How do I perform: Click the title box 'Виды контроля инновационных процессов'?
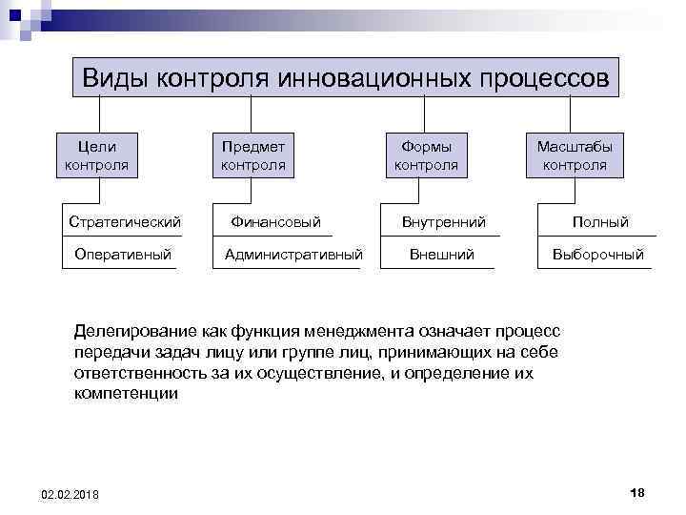click(346, 77)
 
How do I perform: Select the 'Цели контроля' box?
click(96, 155)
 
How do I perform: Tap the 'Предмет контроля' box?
click(252, 155)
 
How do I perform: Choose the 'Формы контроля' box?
click(426, 155)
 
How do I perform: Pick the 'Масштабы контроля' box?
click(575, 155)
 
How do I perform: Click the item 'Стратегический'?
click(125, 222)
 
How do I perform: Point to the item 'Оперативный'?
click(123, 255)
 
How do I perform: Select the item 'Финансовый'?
click(276, 222)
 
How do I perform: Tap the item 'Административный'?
click(293, 255)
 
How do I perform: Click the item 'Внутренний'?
click(443, 222)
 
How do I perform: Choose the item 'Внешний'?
click(441, 255)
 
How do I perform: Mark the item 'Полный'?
click(600, 222)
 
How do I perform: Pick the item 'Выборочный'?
click(599, 255)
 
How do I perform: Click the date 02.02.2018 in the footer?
click(70, 493)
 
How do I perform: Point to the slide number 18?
click(637, 491)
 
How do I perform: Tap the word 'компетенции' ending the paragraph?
click(125, 394)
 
